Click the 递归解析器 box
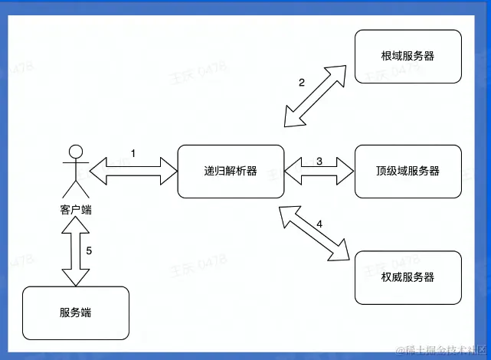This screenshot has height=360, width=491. click(230, 172)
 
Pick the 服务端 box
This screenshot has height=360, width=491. click(76, 313)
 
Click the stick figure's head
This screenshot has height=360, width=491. click(74, 150)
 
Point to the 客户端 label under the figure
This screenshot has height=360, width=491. click(75, 209)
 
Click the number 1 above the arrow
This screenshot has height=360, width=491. click(133, 153)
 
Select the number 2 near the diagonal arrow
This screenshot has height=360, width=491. click(302, 83)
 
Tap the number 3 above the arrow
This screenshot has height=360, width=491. click(319, 160)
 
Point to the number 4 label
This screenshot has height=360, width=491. click(319, 224)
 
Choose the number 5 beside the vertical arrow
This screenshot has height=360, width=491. click(89, 250)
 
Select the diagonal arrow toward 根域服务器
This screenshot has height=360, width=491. click(316, 95)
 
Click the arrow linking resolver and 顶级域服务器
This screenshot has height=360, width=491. click(319, 172)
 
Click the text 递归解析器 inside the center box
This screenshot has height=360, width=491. click(230, 172)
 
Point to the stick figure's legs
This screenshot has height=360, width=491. click(74, 188)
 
